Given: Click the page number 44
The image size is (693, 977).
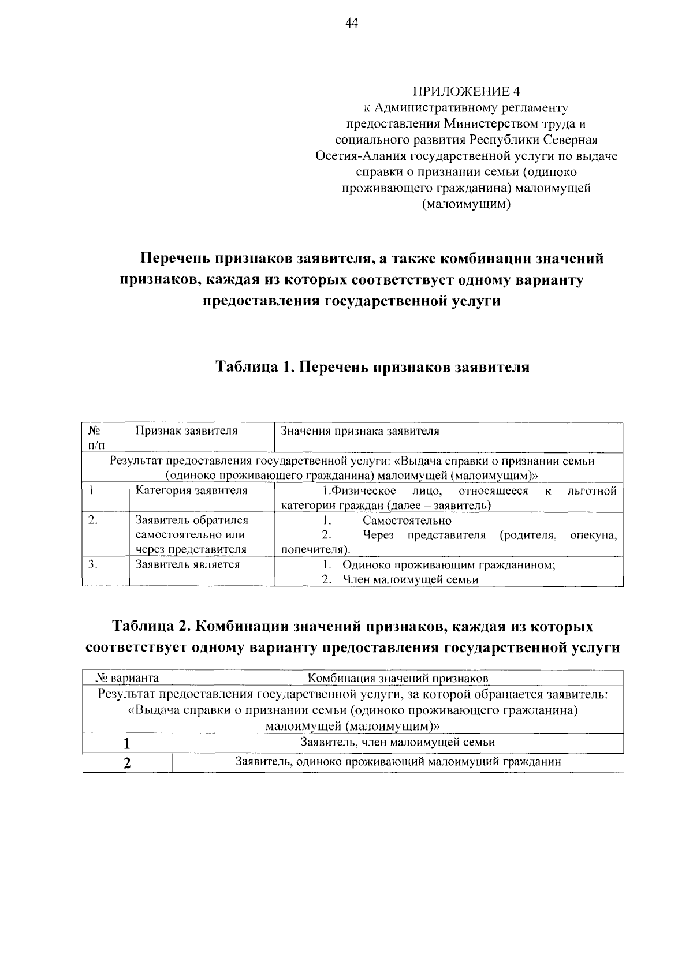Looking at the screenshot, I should tap(352, 23).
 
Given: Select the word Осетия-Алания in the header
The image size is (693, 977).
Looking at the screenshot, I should tap(362, 156).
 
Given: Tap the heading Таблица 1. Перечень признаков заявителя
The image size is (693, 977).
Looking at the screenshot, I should tap(372, 367).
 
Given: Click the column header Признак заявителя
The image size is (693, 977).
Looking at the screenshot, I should tap(186, 431).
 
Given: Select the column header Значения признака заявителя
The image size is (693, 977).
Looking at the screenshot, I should tap(359, 431).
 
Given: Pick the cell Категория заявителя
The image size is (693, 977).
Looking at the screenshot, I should tap(191, 491).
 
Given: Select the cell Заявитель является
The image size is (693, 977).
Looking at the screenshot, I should tap(187, 564).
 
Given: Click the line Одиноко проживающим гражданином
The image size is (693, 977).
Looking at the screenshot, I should tap(448, 565).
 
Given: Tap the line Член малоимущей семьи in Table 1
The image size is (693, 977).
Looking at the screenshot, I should tap(410, 580).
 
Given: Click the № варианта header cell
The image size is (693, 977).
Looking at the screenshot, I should tap(127, 677).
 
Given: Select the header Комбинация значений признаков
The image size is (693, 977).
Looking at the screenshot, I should tap(398, 677).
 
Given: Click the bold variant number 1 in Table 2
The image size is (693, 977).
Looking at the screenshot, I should tap(126, 743).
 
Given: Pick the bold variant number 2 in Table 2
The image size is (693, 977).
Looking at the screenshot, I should tap(126, 763).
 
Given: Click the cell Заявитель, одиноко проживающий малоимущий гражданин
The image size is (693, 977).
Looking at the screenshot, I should tap(398, 762).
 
